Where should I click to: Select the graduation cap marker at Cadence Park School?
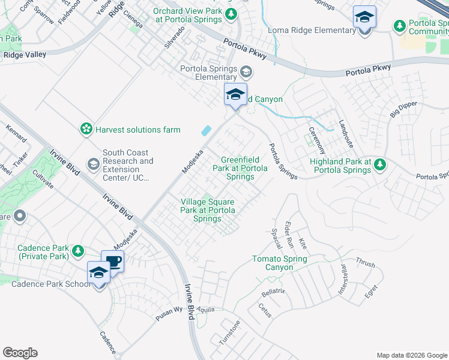click(98, 273)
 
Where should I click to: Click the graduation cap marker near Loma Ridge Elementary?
click(364, 17)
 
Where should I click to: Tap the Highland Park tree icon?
click(380, 163)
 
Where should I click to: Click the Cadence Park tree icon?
click(77, 250)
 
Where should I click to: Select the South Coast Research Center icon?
click(93, 163)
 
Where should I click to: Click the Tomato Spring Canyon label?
click(279, 263)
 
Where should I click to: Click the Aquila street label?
click(204, 307)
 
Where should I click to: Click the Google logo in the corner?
click(20, 353)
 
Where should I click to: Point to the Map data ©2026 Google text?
click(411, 355)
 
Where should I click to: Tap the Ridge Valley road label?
click(25, 55)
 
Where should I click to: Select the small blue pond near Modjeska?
click(206, 130)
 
